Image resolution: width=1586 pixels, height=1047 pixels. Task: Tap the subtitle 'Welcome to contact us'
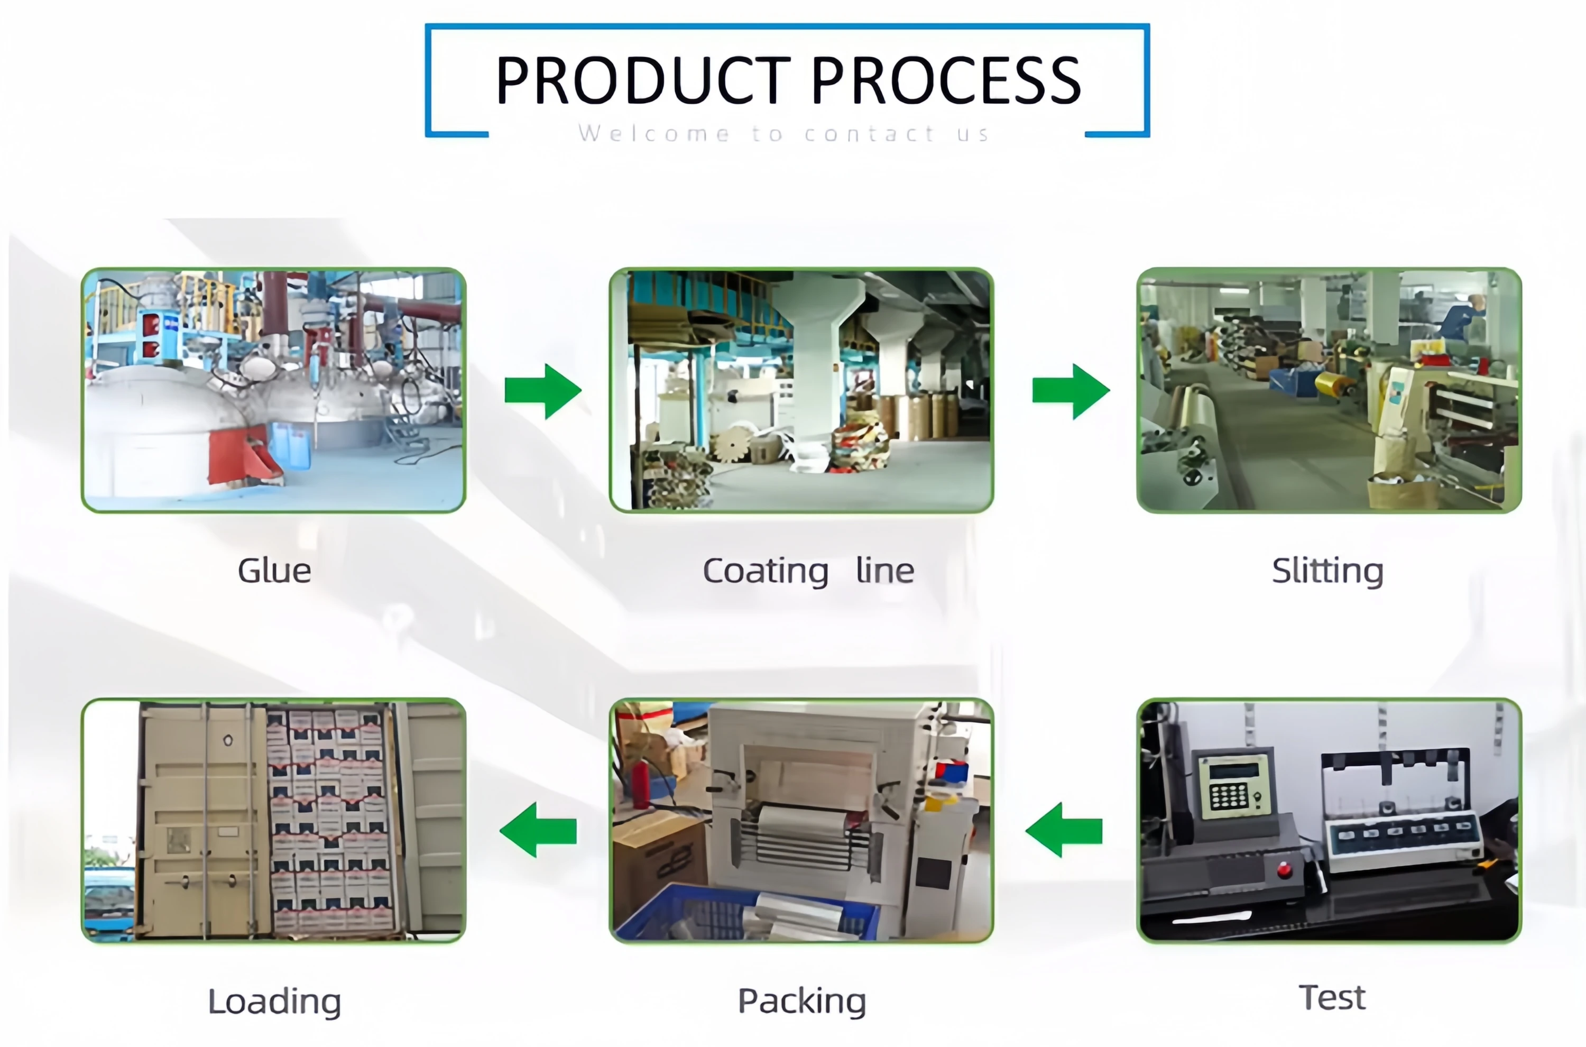[783, 134]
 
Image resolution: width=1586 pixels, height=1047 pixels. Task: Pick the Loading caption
[274, 1002]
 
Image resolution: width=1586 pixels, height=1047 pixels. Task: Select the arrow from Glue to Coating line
[543, 391]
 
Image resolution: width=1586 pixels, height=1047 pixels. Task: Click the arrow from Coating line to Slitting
[1071, 391]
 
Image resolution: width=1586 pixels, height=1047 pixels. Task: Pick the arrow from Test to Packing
[1064, 830]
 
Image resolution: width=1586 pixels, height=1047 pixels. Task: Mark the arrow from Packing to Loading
[538, 830]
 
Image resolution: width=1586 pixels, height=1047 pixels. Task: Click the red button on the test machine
[1284, 869]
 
